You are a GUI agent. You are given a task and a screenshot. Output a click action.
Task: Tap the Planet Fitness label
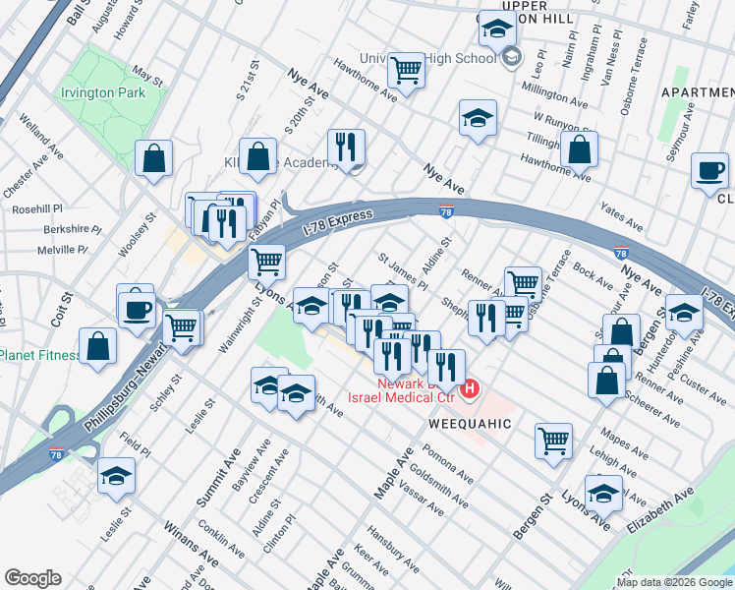pyautogui.click(x=39, y=355)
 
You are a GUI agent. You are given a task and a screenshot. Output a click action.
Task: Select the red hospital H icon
pyautogui.click(x=470, y=390)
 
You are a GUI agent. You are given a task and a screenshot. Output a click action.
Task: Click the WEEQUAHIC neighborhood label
pyautogui.click(x=470, y=423)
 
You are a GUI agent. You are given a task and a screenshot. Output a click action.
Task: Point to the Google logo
pyautogui.click(x=32, y=578)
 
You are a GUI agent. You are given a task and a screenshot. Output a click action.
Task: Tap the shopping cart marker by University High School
pyautogui.click(x=406, y=70)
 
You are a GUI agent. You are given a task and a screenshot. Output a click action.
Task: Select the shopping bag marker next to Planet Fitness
pyautogui.click(x=97, y=345)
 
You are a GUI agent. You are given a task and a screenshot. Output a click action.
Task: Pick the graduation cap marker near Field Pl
pyautogui.click(x=117, y=476)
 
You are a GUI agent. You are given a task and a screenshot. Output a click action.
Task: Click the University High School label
pyautogui.click(x=427, y=58)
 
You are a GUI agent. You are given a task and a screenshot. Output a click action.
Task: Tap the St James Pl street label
pyautogui.click(x=404, y=270)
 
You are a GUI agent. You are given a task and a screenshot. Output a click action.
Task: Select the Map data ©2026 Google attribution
pyautogui.click(x=674, y=582)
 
